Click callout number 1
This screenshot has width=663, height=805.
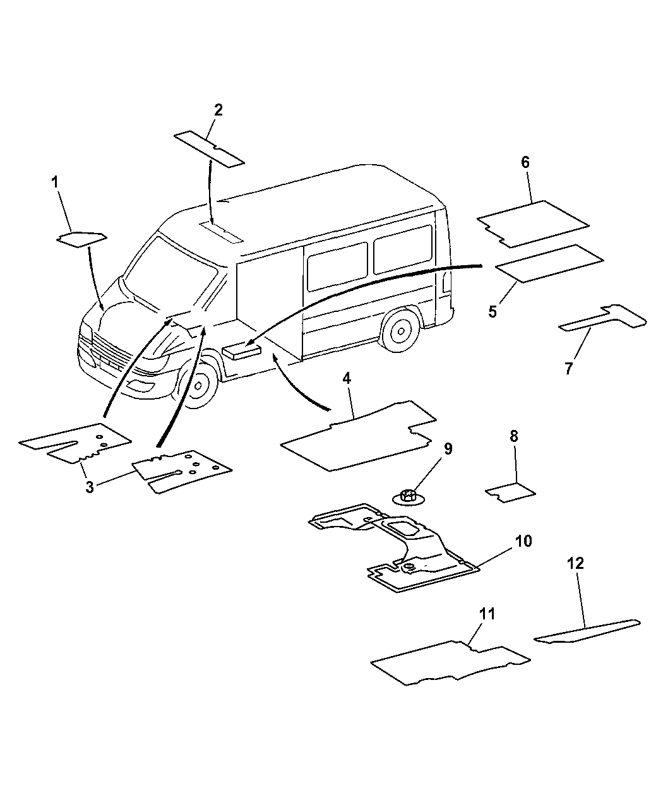[55, 182]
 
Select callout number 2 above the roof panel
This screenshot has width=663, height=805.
[218, 110]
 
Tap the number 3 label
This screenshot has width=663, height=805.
[90, 487]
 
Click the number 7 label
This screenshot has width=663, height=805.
[568, 369]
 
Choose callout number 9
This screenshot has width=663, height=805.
[448, 449]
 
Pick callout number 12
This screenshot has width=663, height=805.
[575, 563]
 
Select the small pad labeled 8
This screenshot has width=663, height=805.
[511, 492]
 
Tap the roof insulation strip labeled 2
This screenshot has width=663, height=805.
[209, 149]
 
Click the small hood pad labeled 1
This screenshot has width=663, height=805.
[81, 238]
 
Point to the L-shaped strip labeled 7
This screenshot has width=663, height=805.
[606, 318]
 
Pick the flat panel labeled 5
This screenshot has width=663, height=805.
[549, 263]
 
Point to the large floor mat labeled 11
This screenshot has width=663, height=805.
[448, 663]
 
